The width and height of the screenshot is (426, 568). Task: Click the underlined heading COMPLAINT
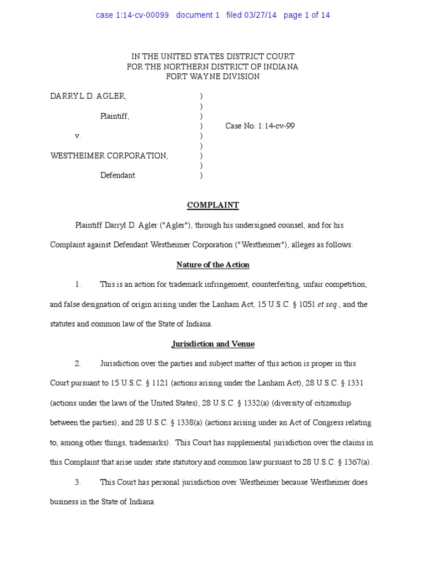[x=213, y=205]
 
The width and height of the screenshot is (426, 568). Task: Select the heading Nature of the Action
[x=213, y=265]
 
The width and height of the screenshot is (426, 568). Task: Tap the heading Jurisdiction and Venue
[x=213, y=344]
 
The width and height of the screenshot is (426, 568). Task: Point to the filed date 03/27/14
[x=260, y=15]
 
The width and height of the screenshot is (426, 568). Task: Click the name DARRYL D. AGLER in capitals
[x=88, y=96]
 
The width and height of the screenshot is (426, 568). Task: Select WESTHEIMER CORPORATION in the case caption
[x=109, y=156]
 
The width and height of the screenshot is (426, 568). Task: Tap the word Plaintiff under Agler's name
[x=114, y=116]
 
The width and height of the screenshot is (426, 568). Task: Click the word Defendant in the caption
[x=118, y=176]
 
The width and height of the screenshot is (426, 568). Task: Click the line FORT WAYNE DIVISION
[x=213, y=77]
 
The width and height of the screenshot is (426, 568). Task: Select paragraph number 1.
[x=78, y=285]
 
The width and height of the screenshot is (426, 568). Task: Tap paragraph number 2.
[x=78, y=364]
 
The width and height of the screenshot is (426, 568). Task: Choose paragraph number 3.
[x=78, y=483]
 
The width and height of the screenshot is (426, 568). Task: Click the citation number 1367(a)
[x=357, y=463]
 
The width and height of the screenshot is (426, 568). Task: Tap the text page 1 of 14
[x=307, y=15]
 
